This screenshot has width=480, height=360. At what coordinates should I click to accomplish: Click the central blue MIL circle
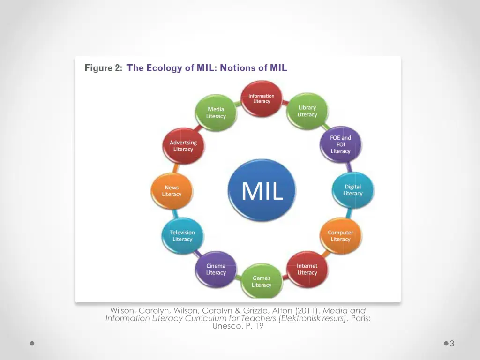tap(262, 191)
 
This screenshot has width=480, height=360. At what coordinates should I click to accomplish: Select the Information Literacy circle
tap(262, 98)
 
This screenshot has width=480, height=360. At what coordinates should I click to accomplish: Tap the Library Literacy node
tap(307, 111)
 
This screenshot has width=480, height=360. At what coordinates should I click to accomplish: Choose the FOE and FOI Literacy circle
tap(340, 144)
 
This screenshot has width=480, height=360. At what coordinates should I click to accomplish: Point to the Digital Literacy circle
tap(352, 190)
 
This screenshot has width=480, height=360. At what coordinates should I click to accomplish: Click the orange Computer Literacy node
tap(340, 236)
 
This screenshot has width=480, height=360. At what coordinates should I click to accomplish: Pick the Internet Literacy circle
tap(307, 269)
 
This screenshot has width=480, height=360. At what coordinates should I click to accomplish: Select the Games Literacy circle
tap(262, 281)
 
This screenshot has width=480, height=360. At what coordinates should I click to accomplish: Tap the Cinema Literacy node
tap(216, 269)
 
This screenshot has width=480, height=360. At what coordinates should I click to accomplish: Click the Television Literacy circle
tap(182, 236)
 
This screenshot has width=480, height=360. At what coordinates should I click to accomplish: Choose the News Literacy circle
tap(172, 191)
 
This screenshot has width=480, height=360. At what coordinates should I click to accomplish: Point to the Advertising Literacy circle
tap(183, 146)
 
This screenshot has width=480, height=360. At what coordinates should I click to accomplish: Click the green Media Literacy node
tap(216, 112)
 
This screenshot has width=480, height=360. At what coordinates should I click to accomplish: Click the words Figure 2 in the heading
tap(103, 68)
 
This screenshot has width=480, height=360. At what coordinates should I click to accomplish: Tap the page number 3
tap(452, 344)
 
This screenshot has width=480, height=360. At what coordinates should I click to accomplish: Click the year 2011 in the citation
tap(307, 311)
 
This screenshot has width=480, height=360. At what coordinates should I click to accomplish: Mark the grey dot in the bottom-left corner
tap(32, 344)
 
